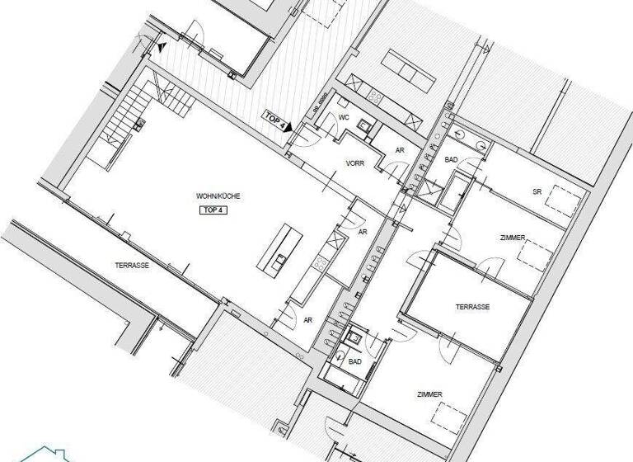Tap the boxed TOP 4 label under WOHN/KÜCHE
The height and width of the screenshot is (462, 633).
click(x=213, y=210)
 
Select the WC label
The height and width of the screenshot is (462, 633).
click(x=345, y=118)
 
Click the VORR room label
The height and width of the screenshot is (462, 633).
click(x=355, y=163)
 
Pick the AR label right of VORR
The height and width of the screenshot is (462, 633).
click(x=400, y=151)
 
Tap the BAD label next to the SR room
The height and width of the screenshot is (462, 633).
click(x=452, y=159)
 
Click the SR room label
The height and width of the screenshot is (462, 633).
click(x=537, y=191)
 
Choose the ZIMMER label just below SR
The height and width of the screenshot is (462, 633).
click(x=513, y=238)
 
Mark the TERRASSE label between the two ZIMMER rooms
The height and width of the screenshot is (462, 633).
click(x=472, y=306)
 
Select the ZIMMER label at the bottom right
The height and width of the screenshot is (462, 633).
click(x=429, y=394)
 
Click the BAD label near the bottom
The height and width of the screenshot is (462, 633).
click(x=355, y=361)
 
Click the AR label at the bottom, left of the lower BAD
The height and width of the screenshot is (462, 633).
click(x=307, y=320)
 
